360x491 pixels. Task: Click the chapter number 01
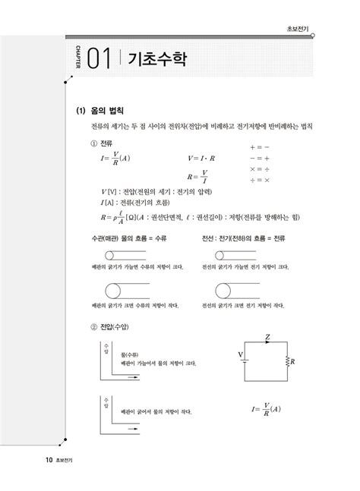[99, 59]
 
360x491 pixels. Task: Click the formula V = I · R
[202, 159]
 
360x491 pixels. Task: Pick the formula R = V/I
[201, 175]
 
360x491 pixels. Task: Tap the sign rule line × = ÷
[260, 169]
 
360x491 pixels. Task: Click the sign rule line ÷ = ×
[260, 181]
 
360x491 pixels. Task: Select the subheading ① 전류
[101, 143]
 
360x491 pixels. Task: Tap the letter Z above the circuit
[267, 336]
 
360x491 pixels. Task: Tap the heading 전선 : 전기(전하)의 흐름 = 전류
[245, 239]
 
